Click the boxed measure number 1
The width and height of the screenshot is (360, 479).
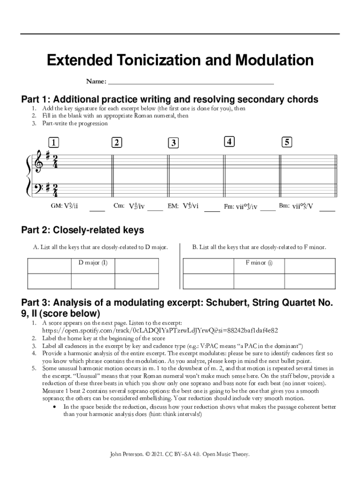[53, 142]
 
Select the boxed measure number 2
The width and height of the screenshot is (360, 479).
[116, 142]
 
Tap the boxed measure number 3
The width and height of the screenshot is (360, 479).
[173, 143]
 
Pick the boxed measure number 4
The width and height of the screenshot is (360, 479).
[229, 141]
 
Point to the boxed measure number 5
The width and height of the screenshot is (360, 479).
[287, 142]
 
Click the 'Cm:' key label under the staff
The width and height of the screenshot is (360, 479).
[119, 206]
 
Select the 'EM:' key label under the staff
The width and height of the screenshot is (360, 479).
[173, 206]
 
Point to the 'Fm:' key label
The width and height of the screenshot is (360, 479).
[229, 206]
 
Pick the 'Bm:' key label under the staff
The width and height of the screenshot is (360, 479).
[284, 206]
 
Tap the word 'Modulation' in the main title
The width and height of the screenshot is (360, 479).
[274, 60]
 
